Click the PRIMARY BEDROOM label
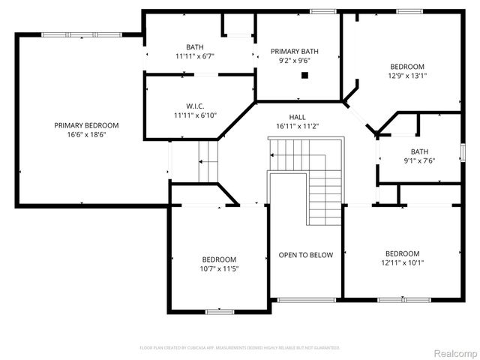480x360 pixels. [86, 125]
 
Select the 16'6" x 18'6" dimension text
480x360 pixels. [86, 135]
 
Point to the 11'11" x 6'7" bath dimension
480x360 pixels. [195, 55]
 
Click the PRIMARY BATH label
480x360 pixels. [295, 51]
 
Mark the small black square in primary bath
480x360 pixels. [304, 75]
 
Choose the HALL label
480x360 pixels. [298, 117]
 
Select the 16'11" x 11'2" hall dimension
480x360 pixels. [298, 127]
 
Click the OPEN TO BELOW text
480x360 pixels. [305, 255]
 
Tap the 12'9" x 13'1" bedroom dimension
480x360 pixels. [406, 75]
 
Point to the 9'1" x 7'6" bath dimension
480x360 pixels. [419, 160]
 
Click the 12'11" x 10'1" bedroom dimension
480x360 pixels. [403, 262]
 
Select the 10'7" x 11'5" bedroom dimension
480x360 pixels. [219, 268]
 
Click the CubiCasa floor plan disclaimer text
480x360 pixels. [239, 348]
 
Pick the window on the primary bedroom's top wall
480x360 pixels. [63, 34]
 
